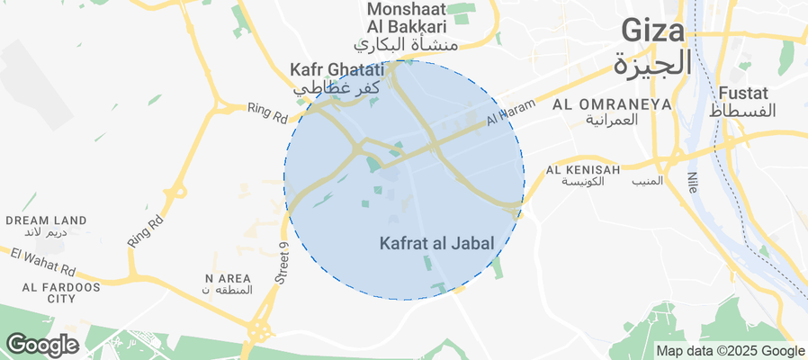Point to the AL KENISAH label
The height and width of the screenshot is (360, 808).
(x=583, y=169)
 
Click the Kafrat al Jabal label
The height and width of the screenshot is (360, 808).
(x=435, y=243)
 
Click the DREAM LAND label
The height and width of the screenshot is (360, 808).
(x=46, y=220)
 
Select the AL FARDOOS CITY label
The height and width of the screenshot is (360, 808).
(x=49, y=292)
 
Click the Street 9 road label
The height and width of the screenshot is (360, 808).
(x=281, y=265)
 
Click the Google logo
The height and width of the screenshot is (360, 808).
(x=40, y=344)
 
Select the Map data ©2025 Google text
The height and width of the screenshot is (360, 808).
(x=730, y=351)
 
